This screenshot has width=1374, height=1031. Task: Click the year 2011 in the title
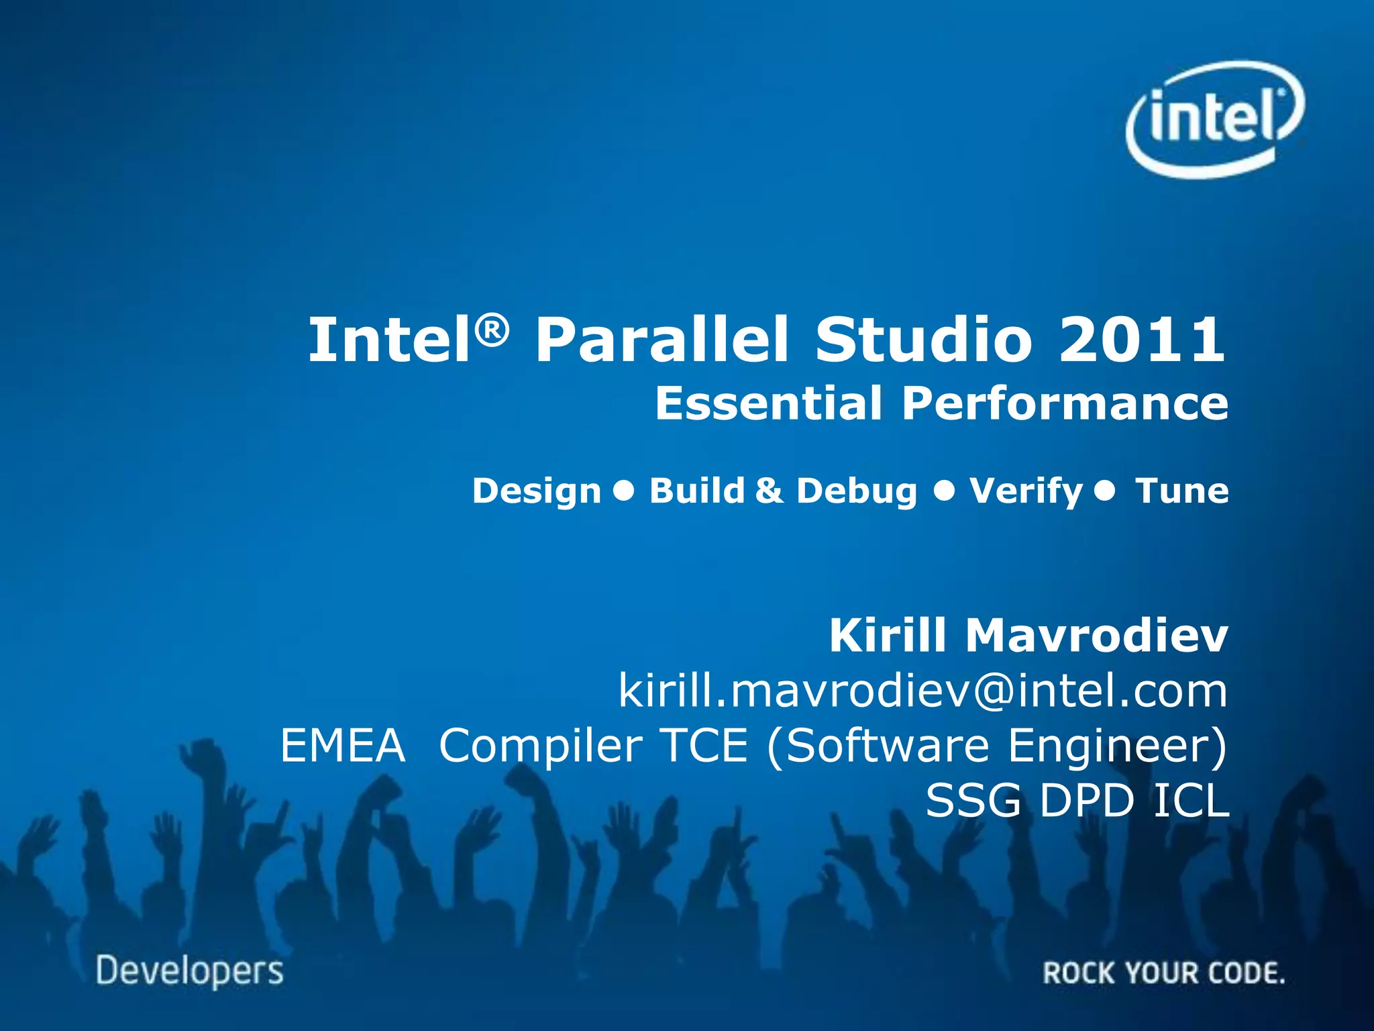point(1142,340)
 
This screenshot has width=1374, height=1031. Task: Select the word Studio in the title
point(924,340)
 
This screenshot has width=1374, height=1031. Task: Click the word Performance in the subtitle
point(1065,403)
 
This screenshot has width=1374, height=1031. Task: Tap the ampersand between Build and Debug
point(770,491)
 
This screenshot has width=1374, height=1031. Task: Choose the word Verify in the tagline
point(1026,491)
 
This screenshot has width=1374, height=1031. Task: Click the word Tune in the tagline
point(1181,491)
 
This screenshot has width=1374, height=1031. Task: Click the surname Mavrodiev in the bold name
point(1096,635)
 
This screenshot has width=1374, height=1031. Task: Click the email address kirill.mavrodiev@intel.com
point(922,691)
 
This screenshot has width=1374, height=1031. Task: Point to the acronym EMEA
point(343,746)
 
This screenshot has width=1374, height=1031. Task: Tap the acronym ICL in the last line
point(1191,801)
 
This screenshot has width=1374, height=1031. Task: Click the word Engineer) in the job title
point(1117,746)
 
